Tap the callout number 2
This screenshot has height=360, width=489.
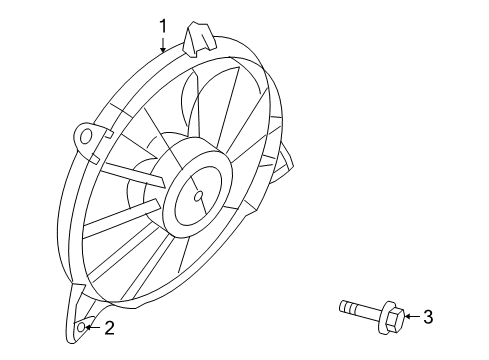pyautogui.click(x=111, y=327)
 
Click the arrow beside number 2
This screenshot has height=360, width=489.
pyautogui.click(x=96, y=327)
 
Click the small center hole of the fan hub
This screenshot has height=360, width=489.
pyautogui.click(x=198, y=197)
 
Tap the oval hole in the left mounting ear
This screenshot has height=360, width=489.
pyautogui.click(x=87, y=135)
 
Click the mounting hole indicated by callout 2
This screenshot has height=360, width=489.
pyautogui.click(x=85, y=327)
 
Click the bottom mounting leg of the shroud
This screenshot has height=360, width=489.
pyautogui.click(x=83, y=315)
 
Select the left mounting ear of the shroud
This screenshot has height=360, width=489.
pyautogui.click(x=88, y=137)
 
